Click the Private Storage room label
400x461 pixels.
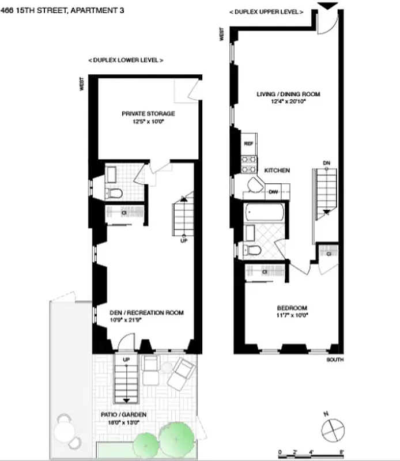[148, 114]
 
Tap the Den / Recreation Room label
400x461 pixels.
[146, 313]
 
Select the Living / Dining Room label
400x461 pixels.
[288, 94]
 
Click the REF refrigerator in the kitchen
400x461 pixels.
[249, 143]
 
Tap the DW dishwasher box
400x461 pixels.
[273, 192]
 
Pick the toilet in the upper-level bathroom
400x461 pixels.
[252, 250]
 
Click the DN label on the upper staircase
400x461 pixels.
[327, 163]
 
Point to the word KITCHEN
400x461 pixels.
[277, 171]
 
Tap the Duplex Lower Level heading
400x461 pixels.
[125, 60]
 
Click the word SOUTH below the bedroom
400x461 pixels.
[334, 360]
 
